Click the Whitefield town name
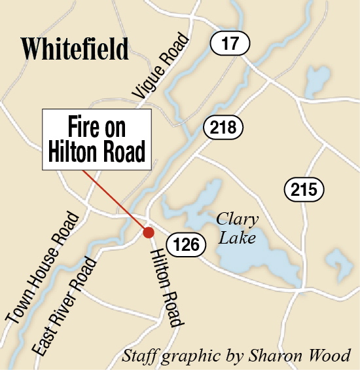(x=74, y=48)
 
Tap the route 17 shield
(x=230, y=45)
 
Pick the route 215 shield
(x=304, y=190)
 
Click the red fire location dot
(x=149, y=232)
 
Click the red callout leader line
(x=115, y=200)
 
